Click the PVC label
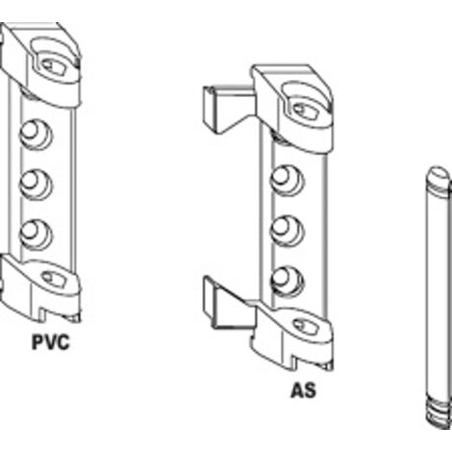tap(51, 342)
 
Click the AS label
tap(303, 390)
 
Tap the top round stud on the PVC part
tap(36, 135)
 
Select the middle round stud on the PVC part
tap(36, 185)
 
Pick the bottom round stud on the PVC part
tap(36, 235)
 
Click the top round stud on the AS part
tap(287, 181)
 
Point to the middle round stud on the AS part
tap(287, 231)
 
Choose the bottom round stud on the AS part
tap(287, 281)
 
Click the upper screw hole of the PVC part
tap(54, 66)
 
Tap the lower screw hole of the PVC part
tap(53, 279)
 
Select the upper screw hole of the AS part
tap(305, 112)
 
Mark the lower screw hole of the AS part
tap(305, 326)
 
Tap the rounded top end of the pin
tap(438, 177)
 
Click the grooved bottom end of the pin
tap(439, 414)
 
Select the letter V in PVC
tap(51, 342)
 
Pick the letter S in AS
tap(310, 390)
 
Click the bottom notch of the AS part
tap(294, 362)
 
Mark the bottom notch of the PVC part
tap(43, 314)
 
